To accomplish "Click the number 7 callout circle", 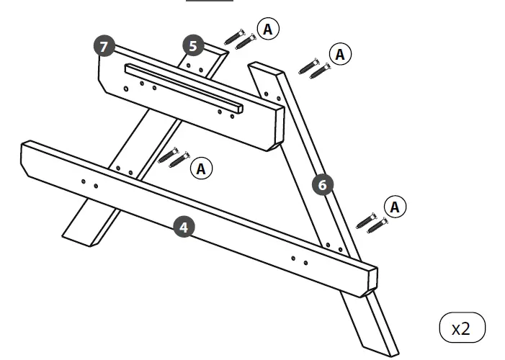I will coord(104,47).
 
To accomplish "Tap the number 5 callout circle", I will coord(192,45).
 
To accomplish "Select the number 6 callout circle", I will coord(322,185).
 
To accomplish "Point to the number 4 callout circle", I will coord(184,228).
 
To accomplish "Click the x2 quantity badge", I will coord(462,328).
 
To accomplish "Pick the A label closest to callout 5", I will coord(269,29).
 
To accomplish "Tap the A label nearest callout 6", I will coord(395,207).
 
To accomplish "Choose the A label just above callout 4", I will coord(201,168).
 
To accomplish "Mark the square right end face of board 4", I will coord(370,281).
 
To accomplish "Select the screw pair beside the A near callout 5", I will coord(240,37).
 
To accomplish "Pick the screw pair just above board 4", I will coord(173,156).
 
